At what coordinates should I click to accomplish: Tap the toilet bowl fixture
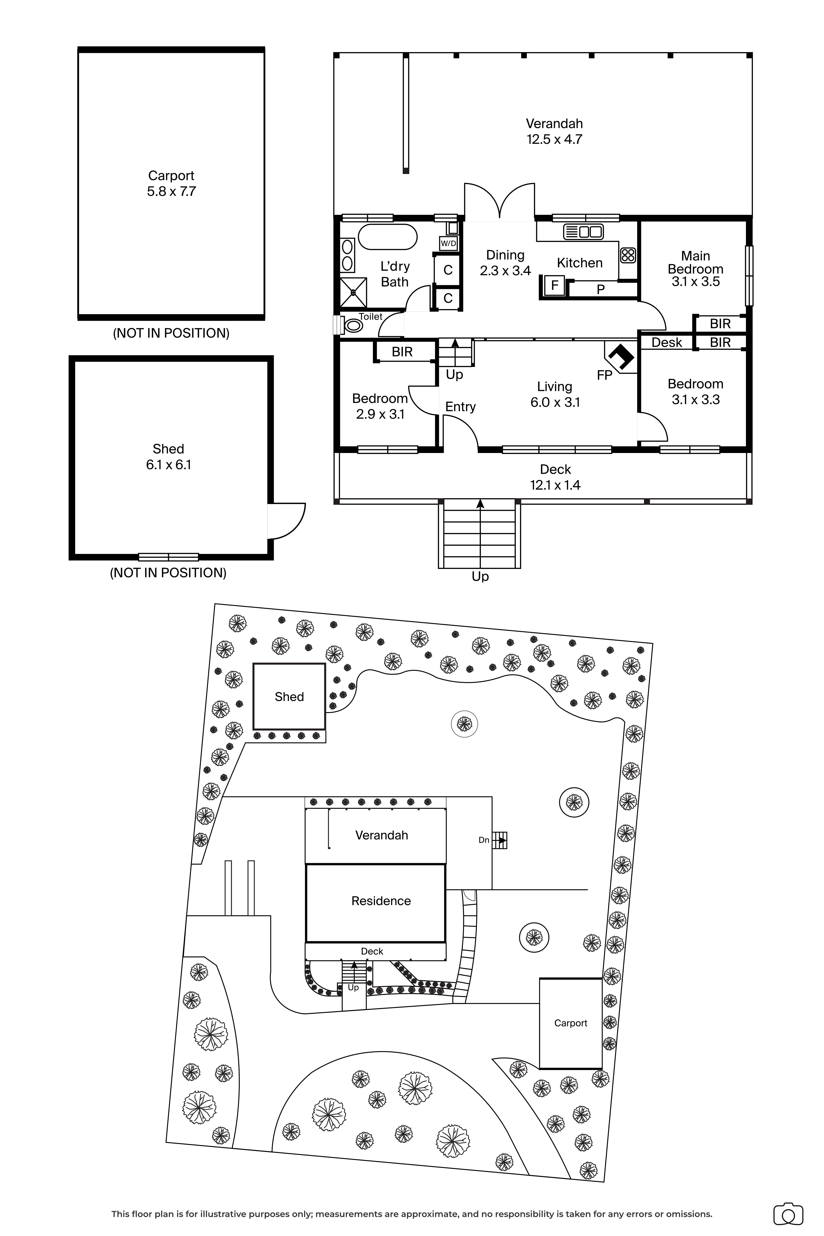(354, 326)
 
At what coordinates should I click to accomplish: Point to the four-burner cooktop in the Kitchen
(628, 255)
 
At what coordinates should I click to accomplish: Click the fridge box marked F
(554, 286)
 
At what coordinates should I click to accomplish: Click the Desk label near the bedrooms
(666, 343)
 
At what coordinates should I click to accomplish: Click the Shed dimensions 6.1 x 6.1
(168, 465)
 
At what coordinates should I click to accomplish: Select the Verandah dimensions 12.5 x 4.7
(554, 139)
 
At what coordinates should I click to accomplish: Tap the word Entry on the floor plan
(460, 407)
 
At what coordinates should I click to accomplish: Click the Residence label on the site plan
(381, 901)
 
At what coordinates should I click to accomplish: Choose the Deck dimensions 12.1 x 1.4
(555, 485)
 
